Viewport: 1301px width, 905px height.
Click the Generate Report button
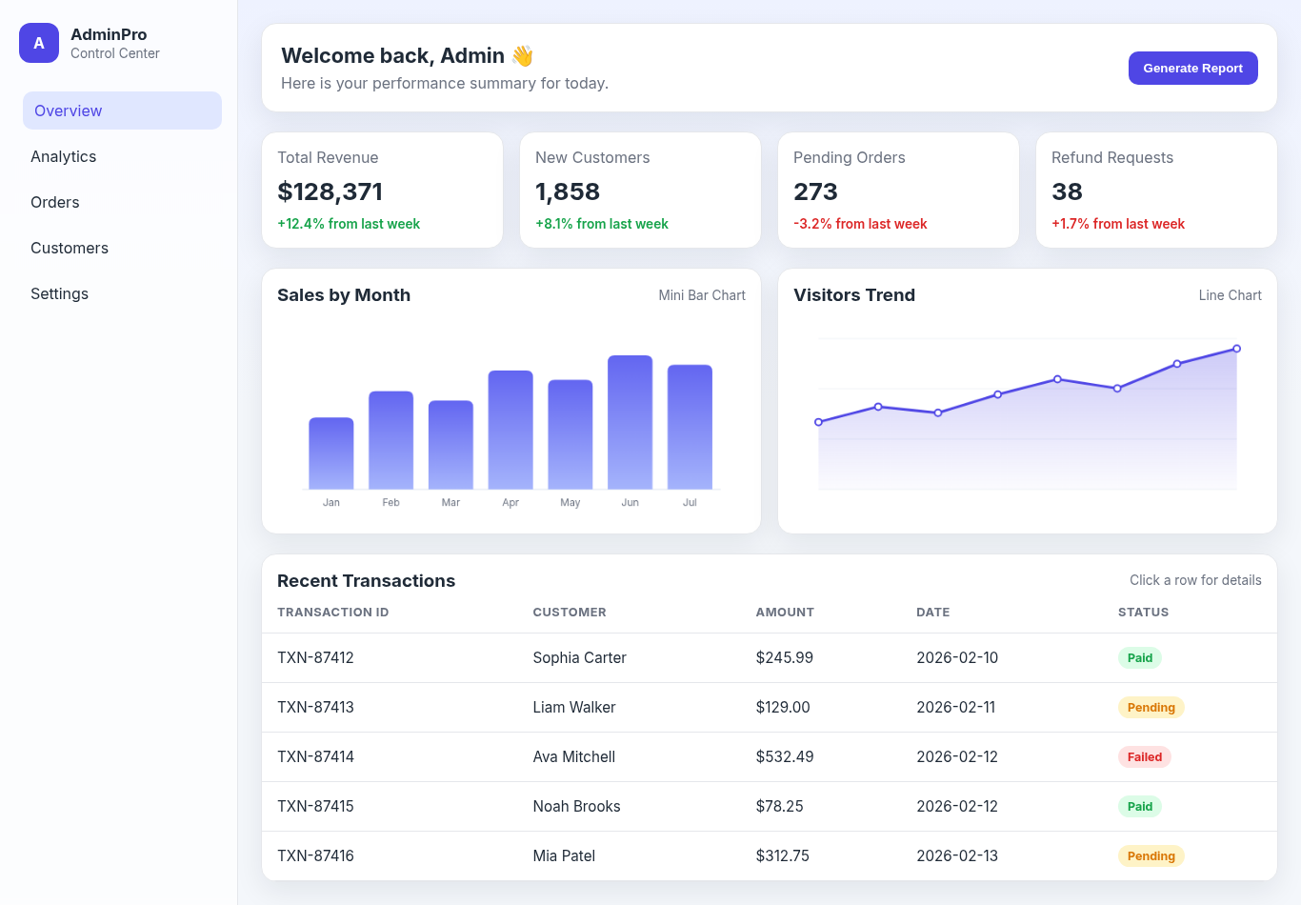(x=1192, y=68)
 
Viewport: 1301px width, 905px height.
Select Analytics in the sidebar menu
(x=64, y=156)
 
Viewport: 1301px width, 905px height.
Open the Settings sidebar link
(x=59, y=293)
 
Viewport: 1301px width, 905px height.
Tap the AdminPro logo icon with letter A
(x=39, y=43)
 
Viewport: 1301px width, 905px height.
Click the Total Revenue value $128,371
(x=330, y=191)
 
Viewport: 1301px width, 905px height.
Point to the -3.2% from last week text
(x=860, y=224)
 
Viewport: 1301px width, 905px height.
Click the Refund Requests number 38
(x=1067, y=191)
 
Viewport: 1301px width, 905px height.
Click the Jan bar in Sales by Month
(x=330, y=453)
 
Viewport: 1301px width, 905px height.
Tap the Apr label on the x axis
(x=510, y=502)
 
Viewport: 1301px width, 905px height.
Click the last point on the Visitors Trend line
(x=1236, y=349)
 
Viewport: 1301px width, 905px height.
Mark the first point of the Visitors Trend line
(x=818, y=422)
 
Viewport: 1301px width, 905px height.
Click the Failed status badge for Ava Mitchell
(x=1144, y=757)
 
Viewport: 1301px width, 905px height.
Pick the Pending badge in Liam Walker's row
(x=1151, y=708)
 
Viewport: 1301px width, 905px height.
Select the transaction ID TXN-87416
(x=315, y=855)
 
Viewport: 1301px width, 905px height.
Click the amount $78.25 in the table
(x=779, y=806)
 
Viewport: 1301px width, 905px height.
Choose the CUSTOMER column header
(x=570, y=613)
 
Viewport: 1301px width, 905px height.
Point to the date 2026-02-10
(x=957, y=657)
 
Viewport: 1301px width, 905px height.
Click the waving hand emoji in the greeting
(x=522, y=56)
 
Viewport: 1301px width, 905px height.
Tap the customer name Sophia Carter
(x=579, y=657)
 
